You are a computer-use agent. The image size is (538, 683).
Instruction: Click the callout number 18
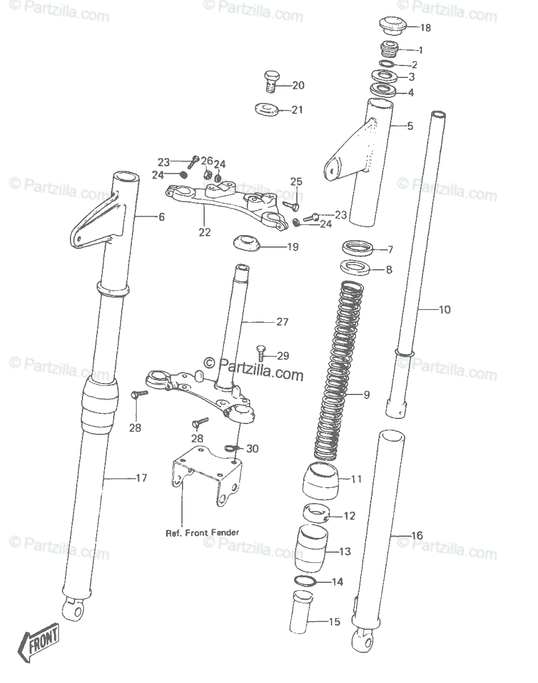[x=425, y=28]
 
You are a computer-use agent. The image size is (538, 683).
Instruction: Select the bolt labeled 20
[x=270, y=81]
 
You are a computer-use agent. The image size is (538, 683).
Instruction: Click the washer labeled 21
[x=266, y=109]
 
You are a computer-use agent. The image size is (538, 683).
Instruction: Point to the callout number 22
[x=205, y=232]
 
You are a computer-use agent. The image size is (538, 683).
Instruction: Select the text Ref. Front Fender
[x=202, y=533]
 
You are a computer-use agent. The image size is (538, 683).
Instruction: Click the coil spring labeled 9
[x=338, y=371]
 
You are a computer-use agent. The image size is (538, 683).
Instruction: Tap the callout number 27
[x=282, y=322]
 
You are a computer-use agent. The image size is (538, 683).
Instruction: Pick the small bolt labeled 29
[x=260, y=353]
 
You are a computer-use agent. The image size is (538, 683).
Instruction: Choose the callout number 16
[x=417, y=536]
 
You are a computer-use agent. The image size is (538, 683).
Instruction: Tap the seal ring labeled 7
[x=357, y=248]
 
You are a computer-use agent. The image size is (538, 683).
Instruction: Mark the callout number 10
[x=445, y=310]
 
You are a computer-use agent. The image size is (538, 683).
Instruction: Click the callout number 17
[x=142, y=478]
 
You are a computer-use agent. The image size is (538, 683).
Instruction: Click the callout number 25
[x=296, y=182]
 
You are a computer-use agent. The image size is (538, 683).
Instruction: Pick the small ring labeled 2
[x=387, y=64]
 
